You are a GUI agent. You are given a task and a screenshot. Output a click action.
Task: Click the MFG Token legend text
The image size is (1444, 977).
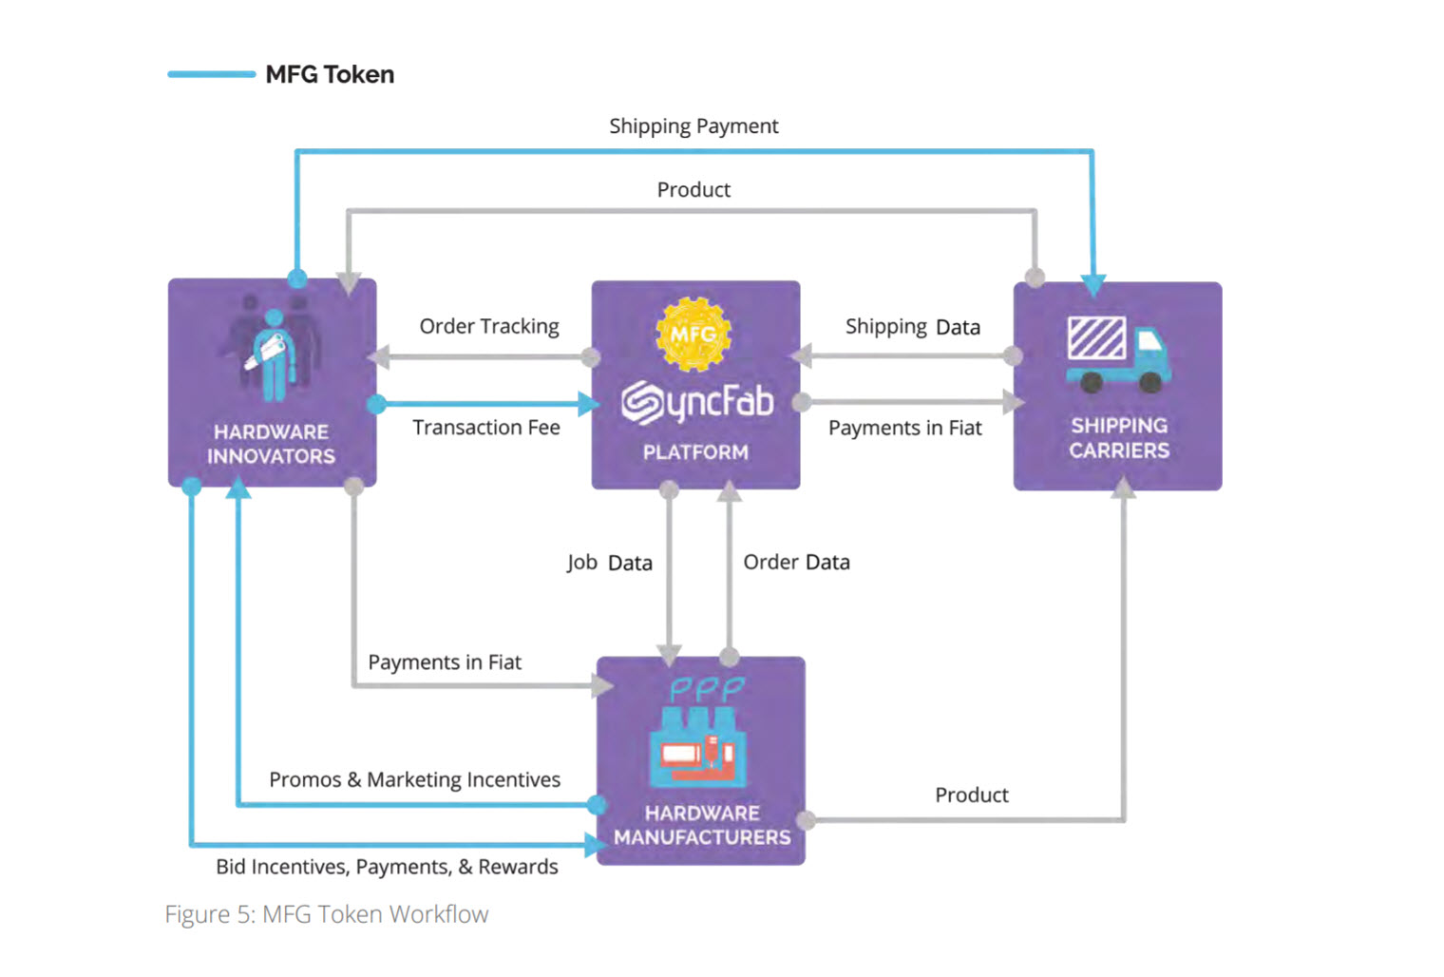329,74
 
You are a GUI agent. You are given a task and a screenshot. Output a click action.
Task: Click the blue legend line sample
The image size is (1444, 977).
211,74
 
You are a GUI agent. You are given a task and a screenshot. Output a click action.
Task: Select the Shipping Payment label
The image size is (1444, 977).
693,126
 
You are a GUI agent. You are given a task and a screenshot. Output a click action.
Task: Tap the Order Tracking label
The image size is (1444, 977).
489,326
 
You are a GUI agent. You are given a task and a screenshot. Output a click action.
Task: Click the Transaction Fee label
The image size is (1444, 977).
485,428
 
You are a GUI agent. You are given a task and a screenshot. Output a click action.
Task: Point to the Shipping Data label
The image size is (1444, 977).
912,327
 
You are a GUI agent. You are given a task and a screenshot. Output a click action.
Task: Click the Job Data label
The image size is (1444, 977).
609,563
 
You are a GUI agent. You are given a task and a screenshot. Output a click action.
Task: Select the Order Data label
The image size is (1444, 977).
796,562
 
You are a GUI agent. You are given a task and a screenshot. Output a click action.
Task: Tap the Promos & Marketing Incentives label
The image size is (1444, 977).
414,779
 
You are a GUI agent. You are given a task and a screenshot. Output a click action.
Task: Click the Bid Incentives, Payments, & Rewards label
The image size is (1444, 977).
387,867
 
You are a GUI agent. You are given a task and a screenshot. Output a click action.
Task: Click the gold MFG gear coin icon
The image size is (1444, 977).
693,334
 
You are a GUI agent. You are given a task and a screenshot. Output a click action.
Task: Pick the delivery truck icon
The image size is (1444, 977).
1117,354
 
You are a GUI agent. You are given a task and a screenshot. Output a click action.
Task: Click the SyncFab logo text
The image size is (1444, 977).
697,402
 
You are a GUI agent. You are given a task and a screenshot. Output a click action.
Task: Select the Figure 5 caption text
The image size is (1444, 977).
326,914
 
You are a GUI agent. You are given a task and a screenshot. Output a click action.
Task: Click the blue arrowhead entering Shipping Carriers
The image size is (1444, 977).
1092,285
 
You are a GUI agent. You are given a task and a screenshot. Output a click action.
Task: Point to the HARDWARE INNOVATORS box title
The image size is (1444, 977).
271,444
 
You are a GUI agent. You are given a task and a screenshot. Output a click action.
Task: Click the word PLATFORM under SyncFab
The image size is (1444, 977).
695,452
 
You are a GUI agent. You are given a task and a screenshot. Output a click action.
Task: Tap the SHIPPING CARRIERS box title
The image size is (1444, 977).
1118,438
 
